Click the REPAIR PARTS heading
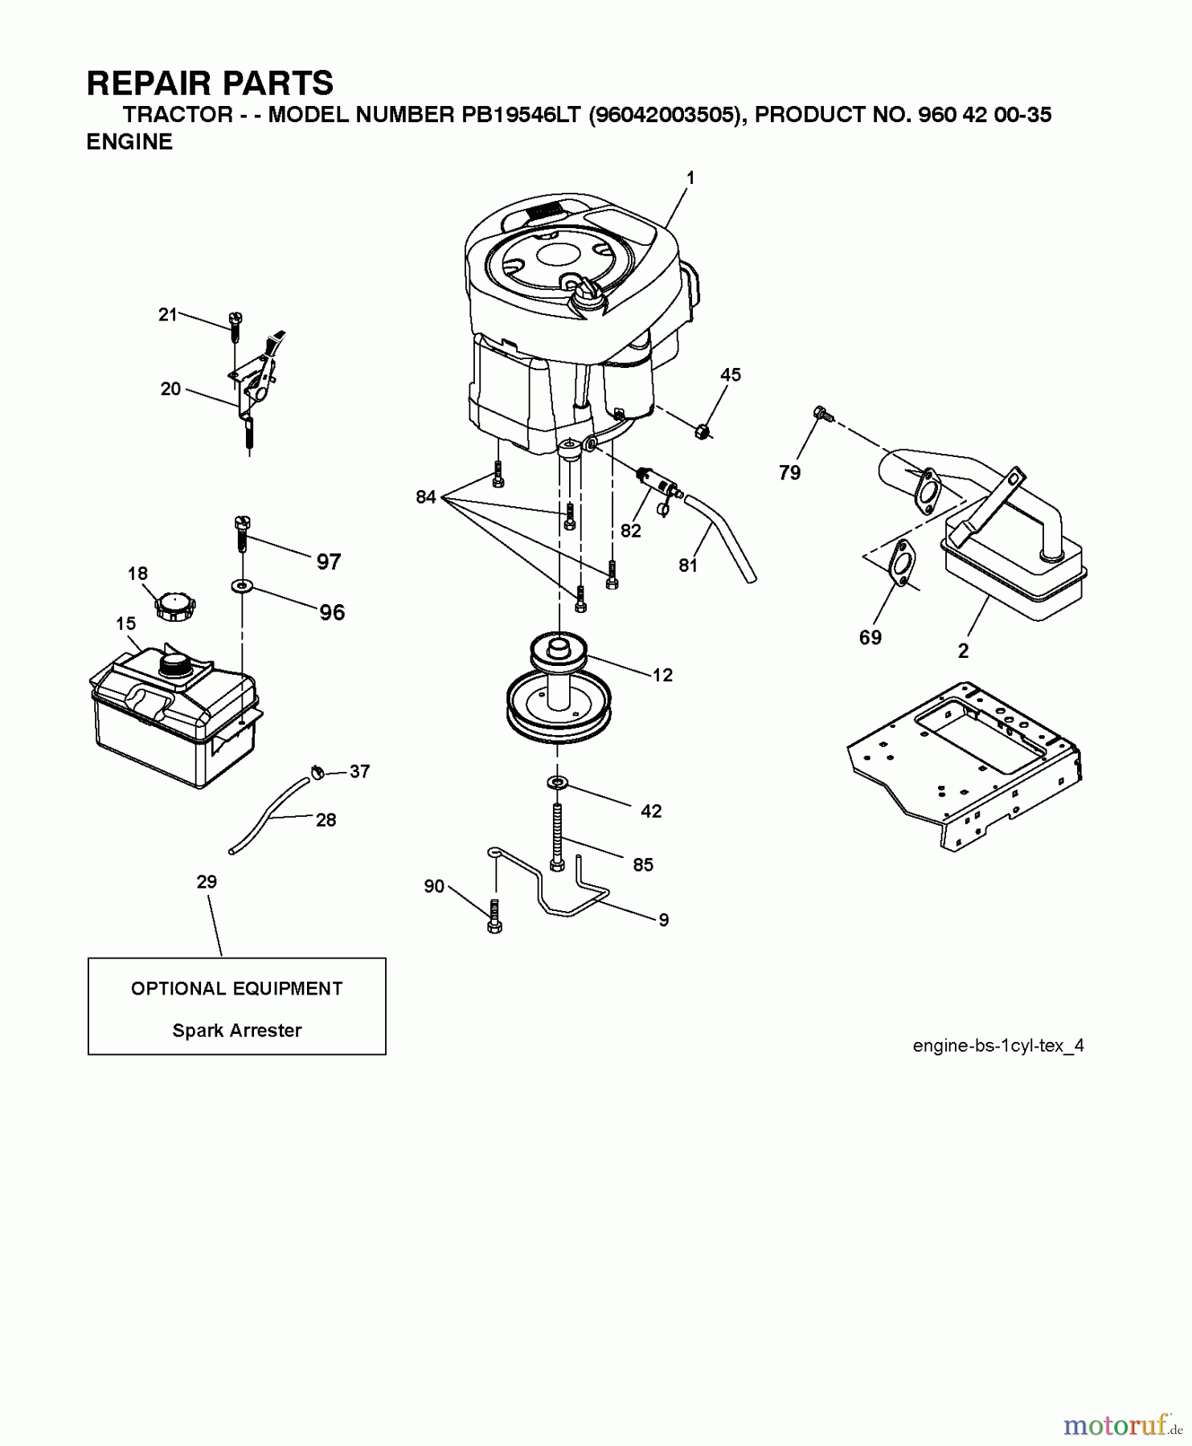[x=210, y=84]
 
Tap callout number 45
[x=730, y=375]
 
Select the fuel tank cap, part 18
[x=175, y=604]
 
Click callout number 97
[x=329, y=562]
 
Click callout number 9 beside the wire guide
[x=663, y=920]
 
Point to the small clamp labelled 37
[x=317, y=773]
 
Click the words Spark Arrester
[x=237, y=1031]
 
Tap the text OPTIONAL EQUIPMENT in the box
[x=237, y=989]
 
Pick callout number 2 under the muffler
[x=963, y=652]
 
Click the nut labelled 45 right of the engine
[x=703, y=431]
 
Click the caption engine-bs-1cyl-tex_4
[x=998, y=1045]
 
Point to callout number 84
[x=425, y=497]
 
